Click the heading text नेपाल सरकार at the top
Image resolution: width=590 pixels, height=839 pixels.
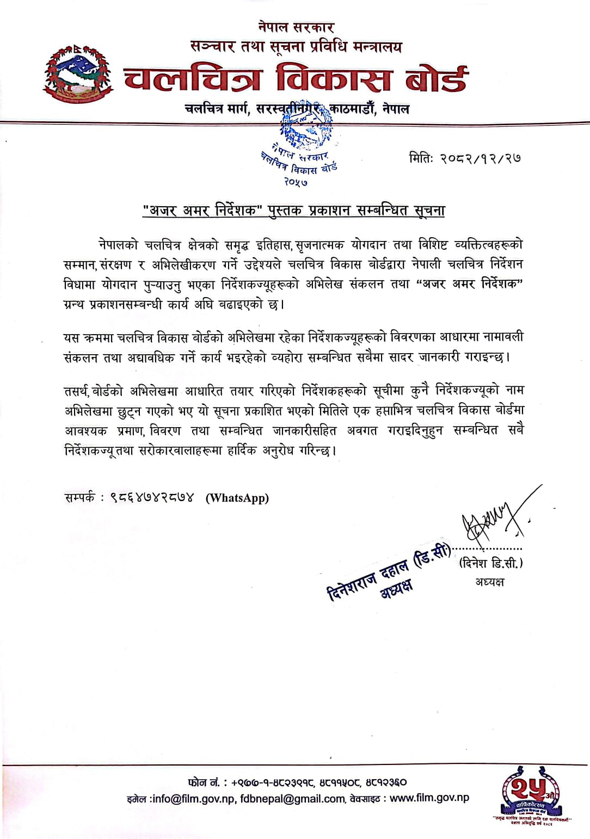pyautogui.click(x=296, y=26)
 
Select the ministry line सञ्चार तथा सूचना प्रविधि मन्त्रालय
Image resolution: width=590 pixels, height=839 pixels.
pyautogui.click(x=296, y=47)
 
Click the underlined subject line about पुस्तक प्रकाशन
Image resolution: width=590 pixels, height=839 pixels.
pyautogui.click(x=293, y=211)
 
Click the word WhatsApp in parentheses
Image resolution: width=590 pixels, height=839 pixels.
pyautogui.click(x=237, y=498)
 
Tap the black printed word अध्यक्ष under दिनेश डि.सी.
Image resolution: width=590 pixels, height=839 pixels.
pyautogui.click(x=489, y=582)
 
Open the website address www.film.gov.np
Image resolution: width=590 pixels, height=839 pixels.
pyautogui.click(x=429, y=798)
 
